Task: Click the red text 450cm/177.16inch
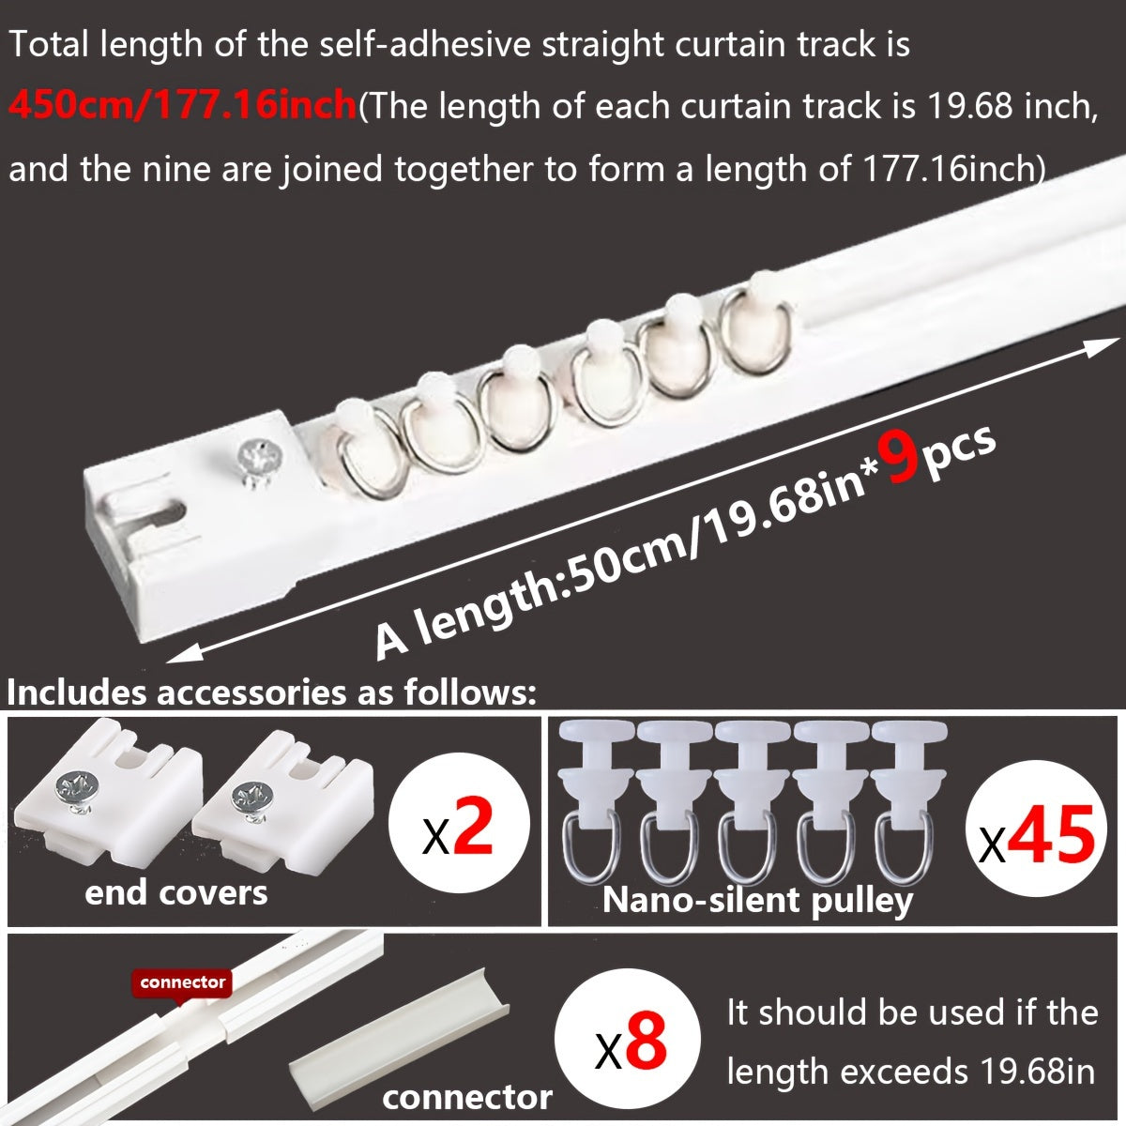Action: pos(182,106)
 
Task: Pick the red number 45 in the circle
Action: pos(1054,833)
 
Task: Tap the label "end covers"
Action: pos(175,892)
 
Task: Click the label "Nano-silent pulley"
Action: pos(757,900)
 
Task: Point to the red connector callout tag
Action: pos(183,982)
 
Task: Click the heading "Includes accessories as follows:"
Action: pos(271,693)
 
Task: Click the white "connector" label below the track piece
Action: pos(466,1096)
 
